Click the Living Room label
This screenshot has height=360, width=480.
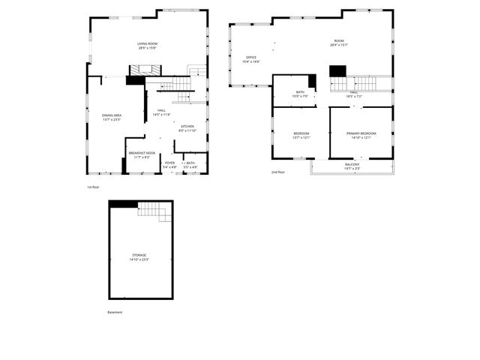point(147,46)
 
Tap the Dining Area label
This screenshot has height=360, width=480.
point(112,117)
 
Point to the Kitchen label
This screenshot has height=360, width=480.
point(187,128)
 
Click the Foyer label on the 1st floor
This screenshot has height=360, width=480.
point(170,164)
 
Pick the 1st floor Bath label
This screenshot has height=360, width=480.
point(190,164)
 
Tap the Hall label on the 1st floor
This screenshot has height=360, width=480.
point(161,112)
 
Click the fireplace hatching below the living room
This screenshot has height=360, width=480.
point(140,70)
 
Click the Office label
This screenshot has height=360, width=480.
point(251,59)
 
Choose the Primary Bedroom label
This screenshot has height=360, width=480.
point(361,135)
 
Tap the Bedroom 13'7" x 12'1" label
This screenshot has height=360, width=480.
point(301,135)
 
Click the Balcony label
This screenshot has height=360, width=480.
point(352,166)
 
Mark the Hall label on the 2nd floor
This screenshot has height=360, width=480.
point(355,94)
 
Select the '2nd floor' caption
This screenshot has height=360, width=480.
point(278,172)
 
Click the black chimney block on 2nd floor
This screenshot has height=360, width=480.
point(337,70)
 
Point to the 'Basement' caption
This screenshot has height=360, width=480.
point(114,312)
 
